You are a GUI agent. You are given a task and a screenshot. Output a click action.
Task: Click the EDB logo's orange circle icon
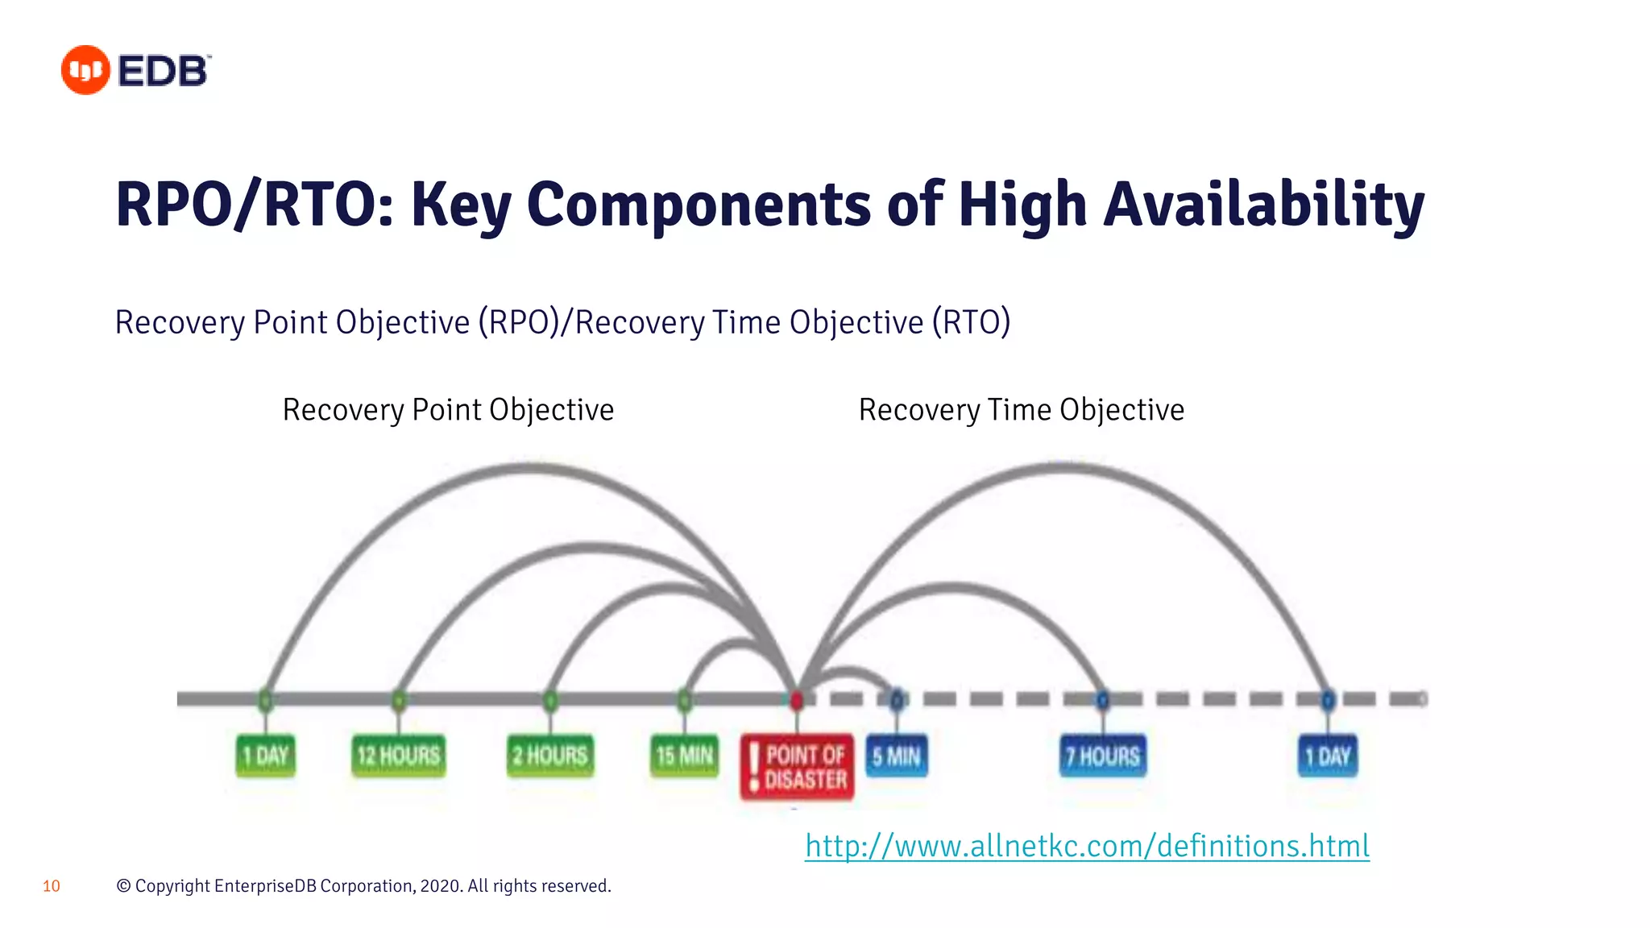coord(85,70)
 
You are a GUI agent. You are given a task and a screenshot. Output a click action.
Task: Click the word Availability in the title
coord(1263,205)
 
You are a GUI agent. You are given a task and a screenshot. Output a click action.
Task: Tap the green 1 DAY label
coord(266,756)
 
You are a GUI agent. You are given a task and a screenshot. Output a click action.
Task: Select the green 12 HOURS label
coord(399,756)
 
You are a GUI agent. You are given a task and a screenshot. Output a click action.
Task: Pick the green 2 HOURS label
coord(550,756)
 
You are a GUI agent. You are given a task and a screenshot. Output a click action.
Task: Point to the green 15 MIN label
coord(685,756)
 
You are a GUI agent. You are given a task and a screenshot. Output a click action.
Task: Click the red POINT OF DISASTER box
coord(797,767)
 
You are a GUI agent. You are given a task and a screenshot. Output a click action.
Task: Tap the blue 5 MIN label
coord(897,756)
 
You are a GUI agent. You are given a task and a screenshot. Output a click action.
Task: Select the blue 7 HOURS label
coord(1103,756)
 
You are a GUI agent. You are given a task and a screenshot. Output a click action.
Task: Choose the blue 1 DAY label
coord(1328,756)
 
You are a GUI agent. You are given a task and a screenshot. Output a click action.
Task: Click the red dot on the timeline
coord(797,699)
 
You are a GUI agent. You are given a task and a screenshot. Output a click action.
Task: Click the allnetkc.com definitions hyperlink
coord(1087,846)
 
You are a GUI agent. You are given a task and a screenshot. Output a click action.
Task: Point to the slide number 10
coord(51,886)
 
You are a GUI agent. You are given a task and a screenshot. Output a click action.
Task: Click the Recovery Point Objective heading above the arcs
coord(448,410)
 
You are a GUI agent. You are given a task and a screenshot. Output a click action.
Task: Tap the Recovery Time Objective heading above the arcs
coord(1021,410)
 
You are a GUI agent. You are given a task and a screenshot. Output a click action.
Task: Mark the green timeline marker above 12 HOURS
coord(399,699)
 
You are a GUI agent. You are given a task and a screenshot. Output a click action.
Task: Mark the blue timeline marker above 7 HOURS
coord(1103,699)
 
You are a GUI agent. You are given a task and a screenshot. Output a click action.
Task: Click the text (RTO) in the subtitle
coord(971,322)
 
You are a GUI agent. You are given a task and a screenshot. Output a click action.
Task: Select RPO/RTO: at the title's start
coord(255,205)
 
